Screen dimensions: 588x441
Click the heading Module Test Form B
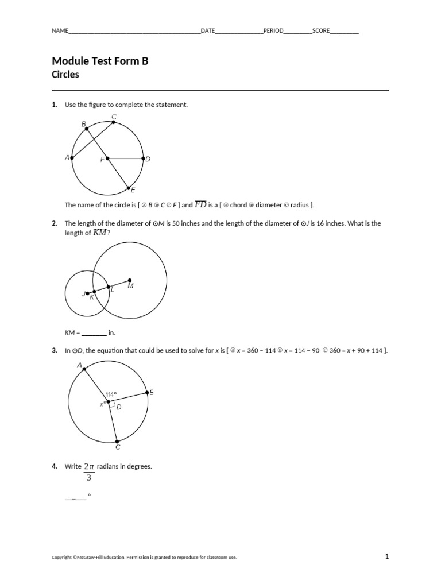click(x=100, y=61)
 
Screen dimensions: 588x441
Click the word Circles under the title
click(x=65, y=75)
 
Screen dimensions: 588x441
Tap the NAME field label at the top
click(x=60, y=31)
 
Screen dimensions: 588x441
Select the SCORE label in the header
click(x=321, y=31)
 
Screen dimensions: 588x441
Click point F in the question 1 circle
click(x=107, y=158)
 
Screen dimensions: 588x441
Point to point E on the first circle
click(x=128, y=187)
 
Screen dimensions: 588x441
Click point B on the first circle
click(x=87, y=129)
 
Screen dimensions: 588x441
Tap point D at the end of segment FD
click(x=143, y=158)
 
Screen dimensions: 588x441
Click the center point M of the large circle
click(x=129, y=281)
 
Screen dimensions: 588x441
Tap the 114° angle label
click(x=111, y=394)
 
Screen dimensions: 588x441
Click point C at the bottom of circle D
click(x=117, y=441)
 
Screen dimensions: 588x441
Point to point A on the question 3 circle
click(x=84, y=369)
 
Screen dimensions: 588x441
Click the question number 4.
click(x=55, y=466)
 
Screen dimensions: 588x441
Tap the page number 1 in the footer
click(x=387, y=556)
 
